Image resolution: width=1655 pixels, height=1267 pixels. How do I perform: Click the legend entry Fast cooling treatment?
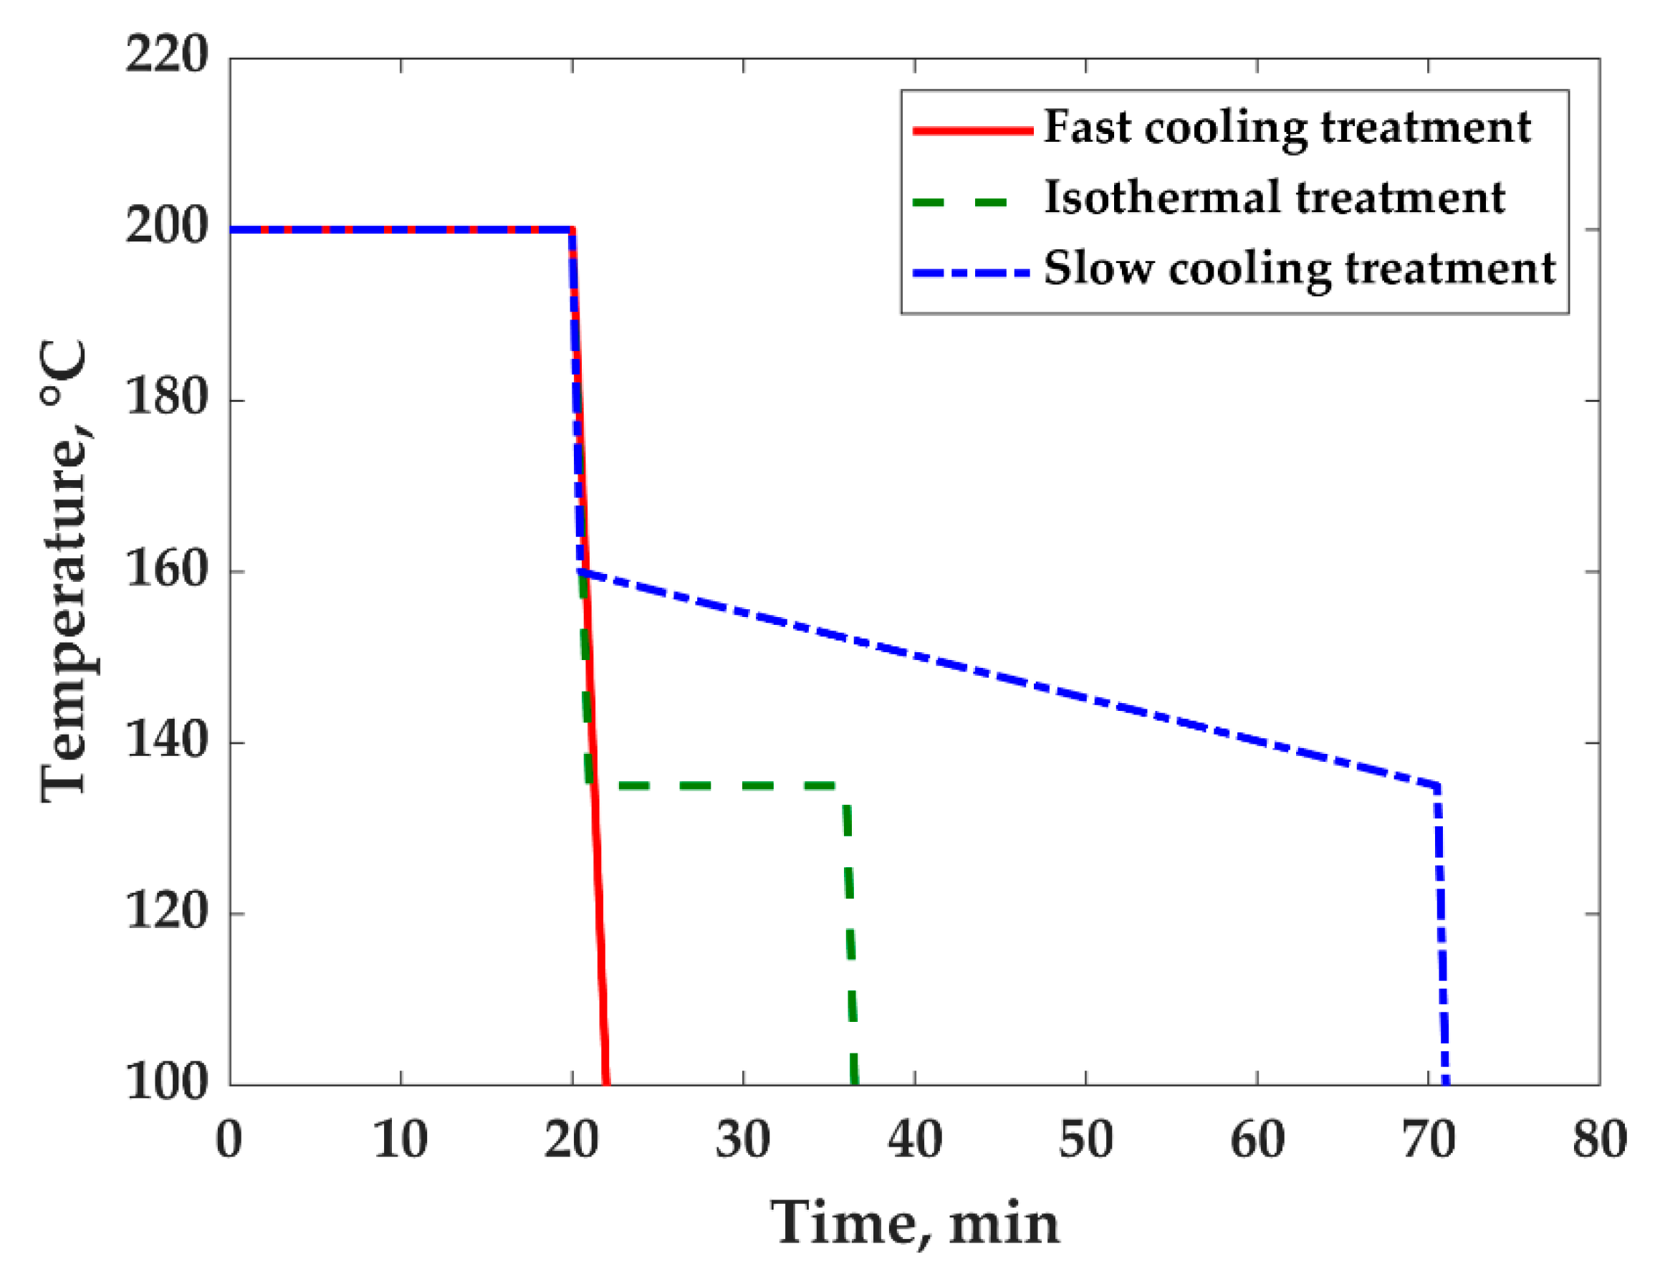point(1286,128)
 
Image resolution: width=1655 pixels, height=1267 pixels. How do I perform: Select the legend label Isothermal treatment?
point(1275,199)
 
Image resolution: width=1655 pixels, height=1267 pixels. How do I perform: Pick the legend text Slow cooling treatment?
point(1299,269)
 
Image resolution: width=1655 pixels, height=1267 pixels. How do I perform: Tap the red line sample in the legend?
point(973,130)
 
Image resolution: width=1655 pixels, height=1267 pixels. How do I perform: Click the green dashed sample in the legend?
point(960,202)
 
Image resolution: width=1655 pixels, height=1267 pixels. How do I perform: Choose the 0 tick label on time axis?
point(229,1139)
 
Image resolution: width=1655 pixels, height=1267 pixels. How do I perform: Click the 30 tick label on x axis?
point(743,1139)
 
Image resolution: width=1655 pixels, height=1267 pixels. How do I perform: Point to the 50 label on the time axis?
point(1085,1139)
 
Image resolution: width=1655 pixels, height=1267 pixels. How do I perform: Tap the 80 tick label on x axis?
point(1598,1139)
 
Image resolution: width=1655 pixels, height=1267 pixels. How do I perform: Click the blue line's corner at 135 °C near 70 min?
point(1437,787)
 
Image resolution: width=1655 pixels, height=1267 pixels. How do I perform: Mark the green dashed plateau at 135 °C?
point(716,786)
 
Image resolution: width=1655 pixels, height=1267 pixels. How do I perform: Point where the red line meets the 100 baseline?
point(606,1083)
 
